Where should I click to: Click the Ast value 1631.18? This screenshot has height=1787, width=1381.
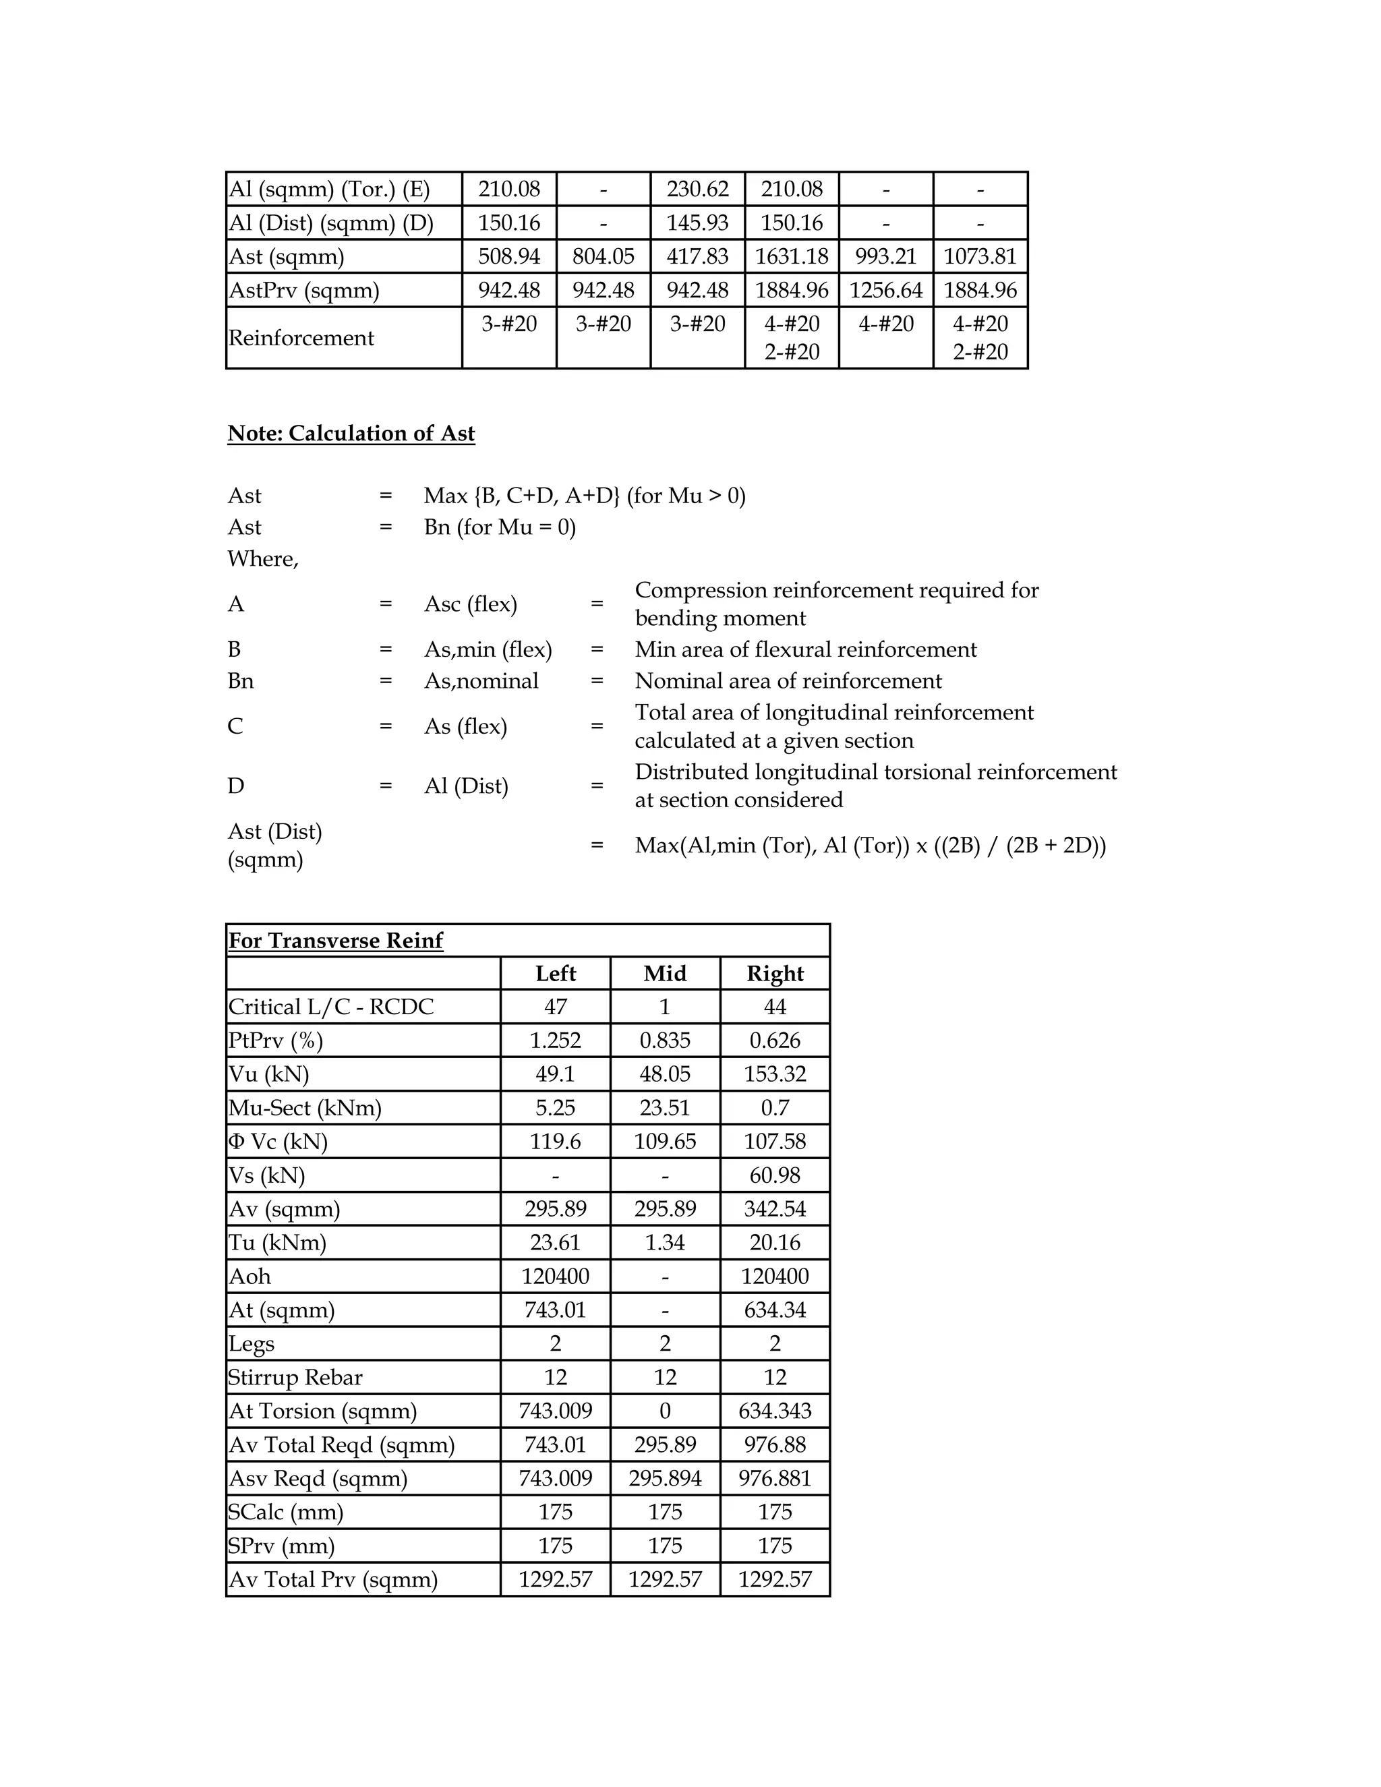click(x=791, y=256)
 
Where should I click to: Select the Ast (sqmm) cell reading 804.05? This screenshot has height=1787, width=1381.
click(x=603, y=256)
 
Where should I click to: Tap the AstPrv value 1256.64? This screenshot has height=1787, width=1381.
click(x=885, y=290)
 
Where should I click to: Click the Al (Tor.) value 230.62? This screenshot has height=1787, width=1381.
click(x=697, y=189)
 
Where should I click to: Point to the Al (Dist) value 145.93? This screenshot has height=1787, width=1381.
click(x=697, y=223)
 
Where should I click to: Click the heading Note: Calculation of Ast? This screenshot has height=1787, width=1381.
click(x=351, y=433)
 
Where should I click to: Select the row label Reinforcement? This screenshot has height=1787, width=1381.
click(x=301, y=338)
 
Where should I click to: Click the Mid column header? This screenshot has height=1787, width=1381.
click(x=664, y=973)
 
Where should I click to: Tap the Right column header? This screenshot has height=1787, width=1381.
click(x=775, y=973)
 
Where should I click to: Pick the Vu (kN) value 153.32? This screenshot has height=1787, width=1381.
click(x=775, y=1074)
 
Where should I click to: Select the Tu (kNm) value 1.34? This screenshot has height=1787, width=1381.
click(x=664, y=1242)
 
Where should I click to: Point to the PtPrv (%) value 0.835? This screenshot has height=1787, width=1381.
click(x=664, y=1040)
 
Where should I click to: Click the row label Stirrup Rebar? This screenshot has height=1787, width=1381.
click(x=295, y=1377)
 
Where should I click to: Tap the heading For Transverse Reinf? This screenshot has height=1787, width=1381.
click(x=335, y=940)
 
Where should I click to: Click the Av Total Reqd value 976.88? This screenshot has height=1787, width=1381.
click(x=775, y=1444)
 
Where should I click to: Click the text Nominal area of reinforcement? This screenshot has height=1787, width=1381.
click(x=788, y=681)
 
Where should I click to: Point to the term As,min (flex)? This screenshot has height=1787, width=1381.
click(x=488, y=649)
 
